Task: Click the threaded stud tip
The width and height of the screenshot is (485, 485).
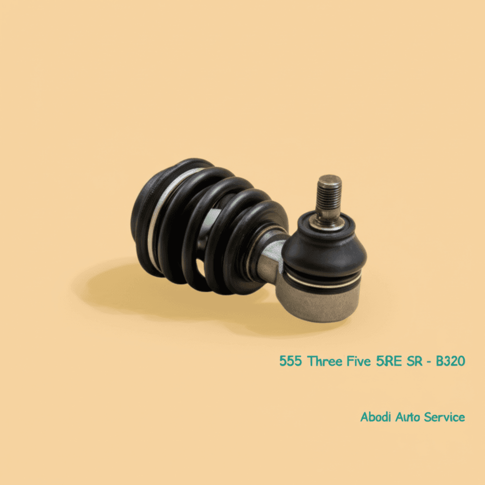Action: [x=330, y=182]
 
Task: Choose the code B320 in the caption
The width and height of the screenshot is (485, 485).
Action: [x=450, y=361]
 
